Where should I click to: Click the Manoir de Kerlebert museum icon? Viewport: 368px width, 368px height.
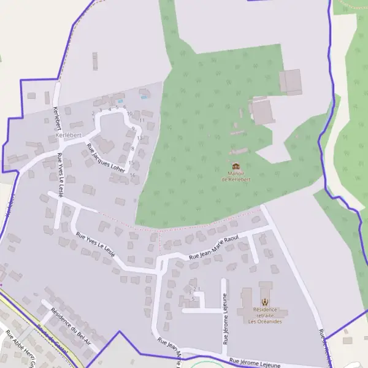coord(236,166)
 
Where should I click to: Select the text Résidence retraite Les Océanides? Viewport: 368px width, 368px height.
coord(265,315)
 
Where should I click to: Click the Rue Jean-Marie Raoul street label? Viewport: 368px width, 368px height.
coord(213,249)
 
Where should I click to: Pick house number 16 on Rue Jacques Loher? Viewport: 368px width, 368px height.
coord(132,175)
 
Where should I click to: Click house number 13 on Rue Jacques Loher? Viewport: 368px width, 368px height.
coord(139,138)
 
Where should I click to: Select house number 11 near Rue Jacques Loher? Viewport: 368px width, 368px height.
coord(142,120)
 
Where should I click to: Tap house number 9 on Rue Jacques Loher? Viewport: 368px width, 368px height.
coord(133,129)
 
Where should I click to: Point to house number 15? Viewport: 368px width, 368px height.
coord(131,163)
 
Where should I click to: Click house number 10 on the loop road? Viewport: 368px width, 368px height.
coord(129,113)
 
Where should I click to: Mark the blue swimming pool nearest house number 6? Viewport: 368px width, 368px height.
coord(120,101)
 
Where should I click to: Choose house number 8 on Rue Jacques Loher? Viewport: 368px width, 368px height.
coord(133,148)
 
